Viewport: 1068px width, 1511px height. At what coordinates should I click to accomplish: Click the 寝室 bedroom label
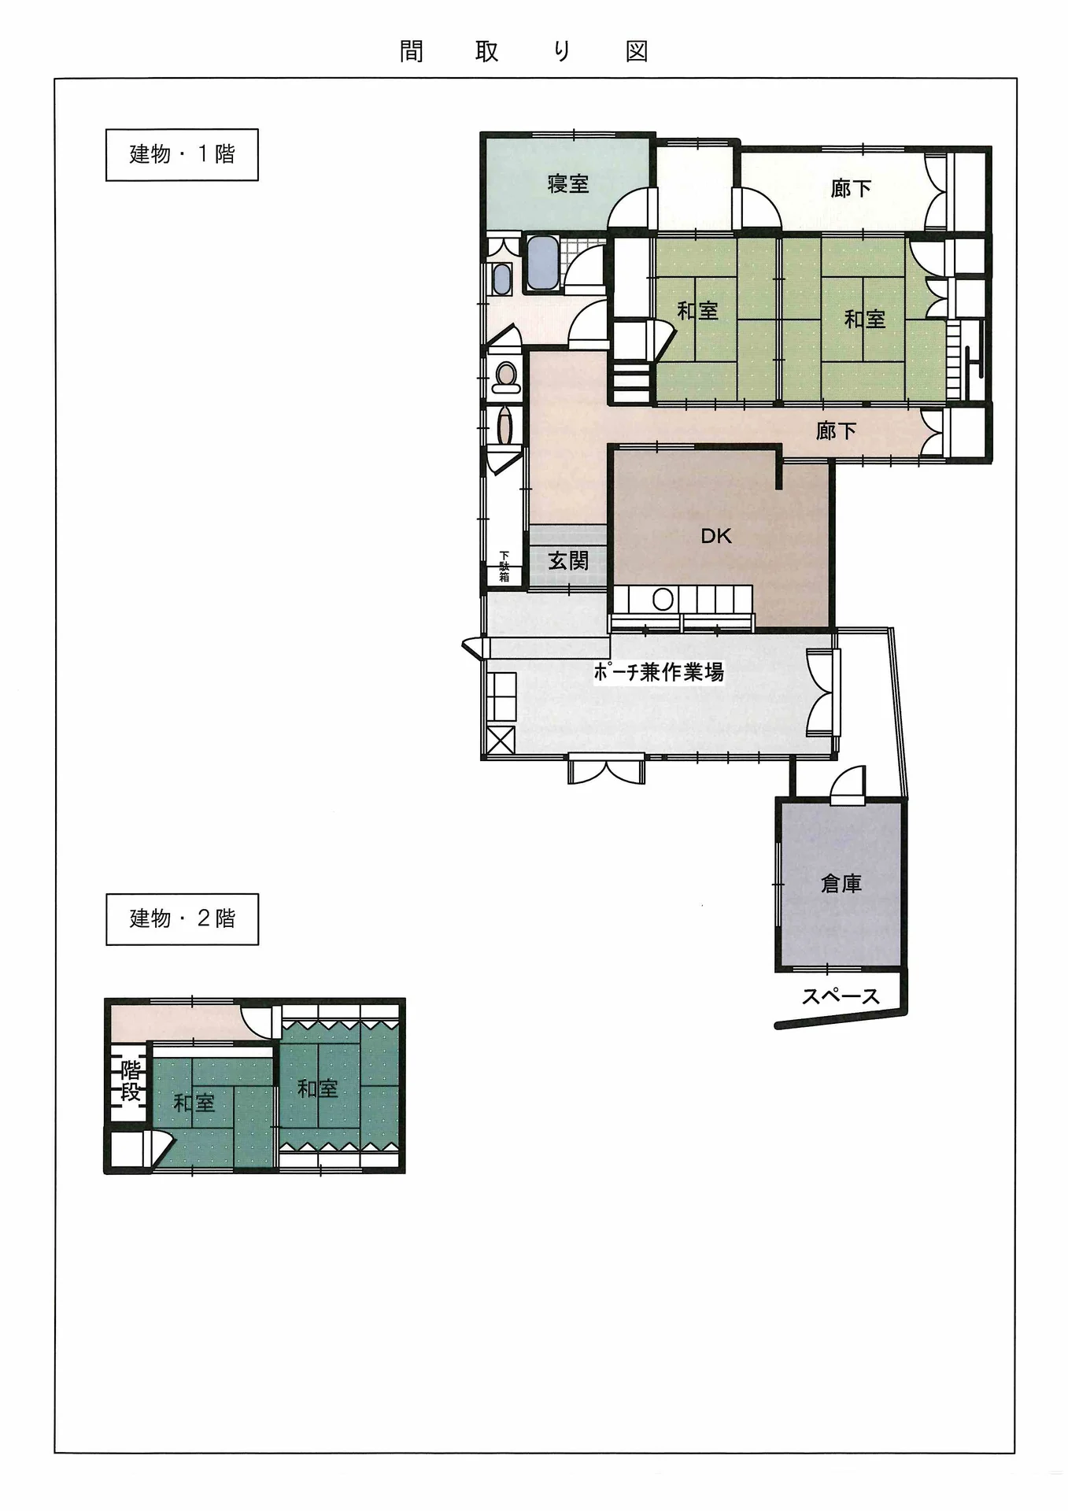point(568,184)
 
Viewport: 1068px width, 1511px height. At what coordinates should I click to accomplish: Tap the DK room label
point(716,536)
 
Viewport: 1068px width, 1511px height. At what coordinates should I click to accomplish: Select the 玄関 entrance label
point(568,561)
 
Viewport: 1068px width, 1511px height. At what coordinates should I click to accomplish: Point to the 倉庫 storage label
point(841,884)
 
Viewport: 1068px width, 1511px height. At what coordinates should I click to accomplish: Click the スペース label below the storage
point(841,996)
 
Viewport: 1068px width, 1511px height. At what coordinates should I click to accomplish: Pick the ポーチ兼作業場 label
point(658,672)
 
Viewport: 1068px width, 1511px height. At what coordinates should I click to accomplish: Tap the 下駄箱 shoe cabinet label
point(504,567)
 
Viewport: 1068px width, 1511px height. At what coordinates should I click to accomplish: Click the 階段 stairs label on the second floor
point(131,1081)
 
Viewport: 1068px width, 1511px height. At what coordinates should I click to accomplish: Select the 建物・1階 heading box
point(182,154)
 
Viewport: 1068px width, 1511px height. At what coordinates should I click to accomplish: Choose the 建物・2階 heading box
point(182,918)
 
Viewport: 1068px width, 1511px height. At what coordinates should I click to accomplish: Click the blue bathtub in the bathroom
point(542,262)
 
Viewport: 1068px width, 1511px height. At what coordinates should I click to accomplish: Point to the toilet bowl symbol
point(504,378)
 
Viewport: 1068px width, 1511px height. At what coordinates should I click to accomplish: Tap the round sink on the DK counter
point(663,600)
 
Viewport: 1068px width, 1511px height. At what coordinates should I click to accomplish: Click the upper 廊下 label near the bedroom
point(851,189)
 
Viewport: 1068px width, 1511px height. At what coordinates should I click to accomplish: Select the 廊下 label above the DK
point(836,430)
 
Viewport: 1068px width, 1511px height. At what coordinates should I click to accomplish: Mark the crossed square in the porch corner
point(501,742)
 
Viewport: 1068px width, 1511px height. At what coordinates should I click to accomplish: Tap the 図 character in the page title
point(637,52)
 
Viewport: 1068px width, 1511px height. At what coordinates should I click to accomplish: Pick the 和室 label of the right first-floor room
point(865,319)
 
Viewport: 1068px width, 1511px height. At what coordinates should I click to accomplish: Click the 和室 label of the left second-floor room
point(194,1103)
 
